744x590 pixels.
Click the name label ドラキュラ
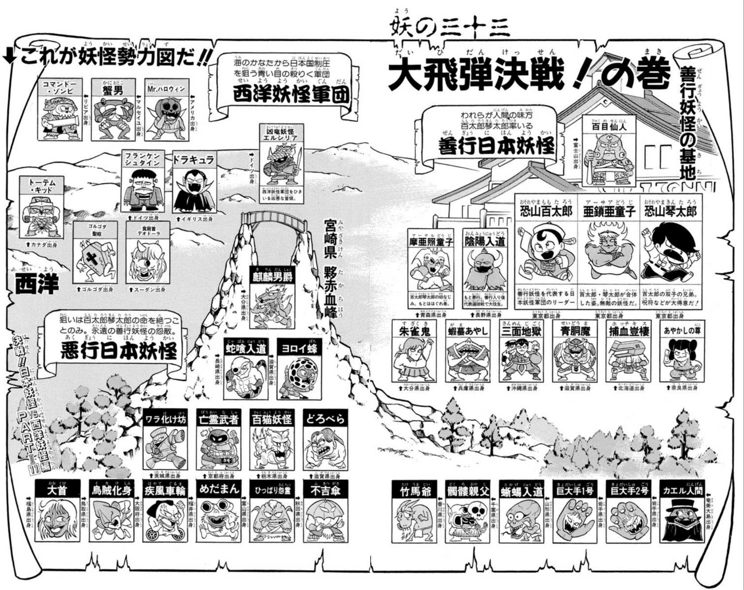pyautogui.click(x=194, y=160)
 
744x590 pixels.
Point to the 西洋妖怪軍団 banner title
pyautogui.click(x=291, y=94)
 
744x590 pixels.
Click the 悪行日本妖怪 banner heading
pyautogui.click(x=119, y=351)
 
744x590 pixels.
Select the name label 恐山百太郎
pyautogui.click(x=546, y=211)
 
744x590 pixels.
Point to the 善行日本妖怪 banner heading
pyautogui.click(x=496, y=147)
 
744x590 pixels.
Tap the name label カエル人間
pyautogui.click(x=682, y=490)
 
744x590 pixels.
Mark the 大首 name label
pyautogui.click(x=57, y=490)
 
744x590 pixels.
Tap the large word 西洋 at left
pyautogui.click(x=37, y=283)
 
